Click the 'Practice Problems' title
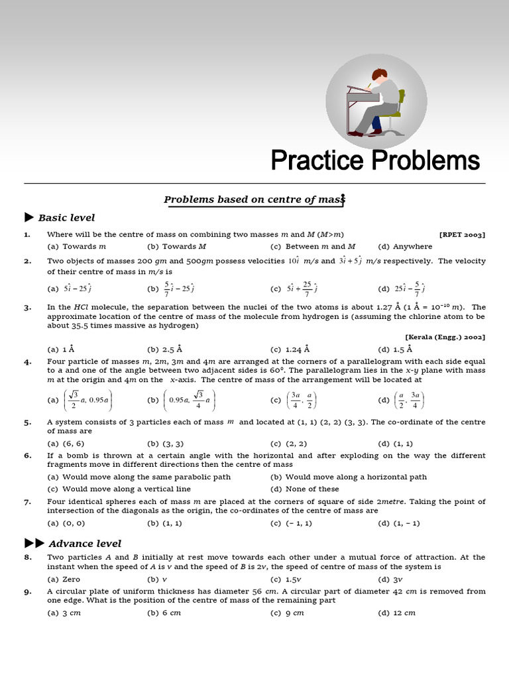point(375,160)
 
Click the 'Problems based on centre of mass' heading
point(255,200)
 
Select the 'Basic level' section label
point(66,217)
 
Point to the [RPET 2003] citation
point(462,235)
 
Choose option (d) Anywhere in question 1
point(405,246)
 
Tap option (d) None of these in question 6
point(305,489)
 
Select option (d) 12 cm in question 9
point(396,613)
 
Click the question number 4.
point(28,362)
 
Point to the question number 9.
point(28,591)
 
